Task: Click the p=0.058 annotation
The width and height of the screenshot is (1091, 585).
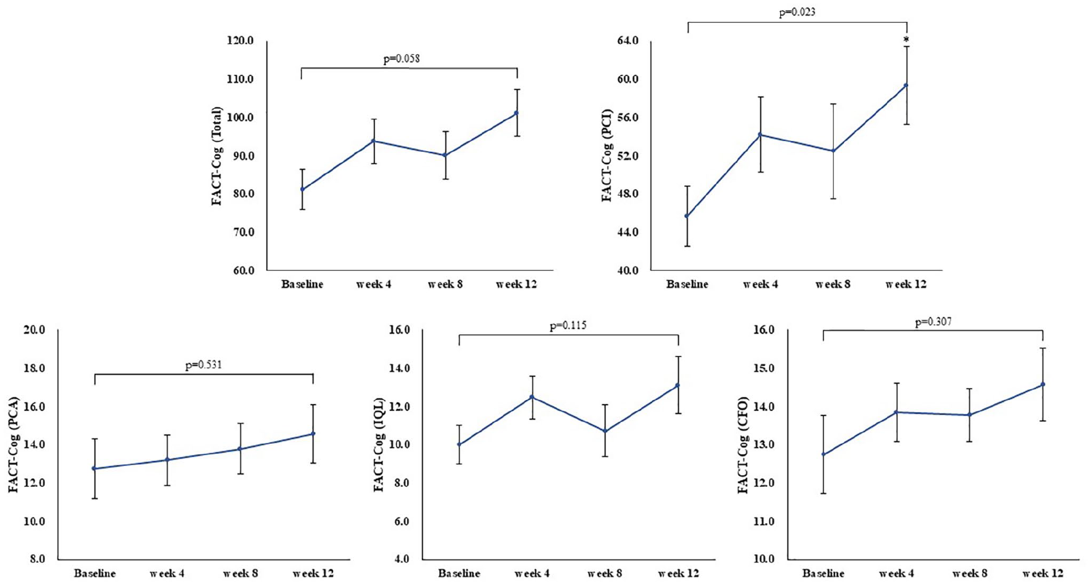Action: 401,59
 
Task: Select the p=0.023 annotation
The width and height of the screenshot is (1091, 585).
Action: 797,12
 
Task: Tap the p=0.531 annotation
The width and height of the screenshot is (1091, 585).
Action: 203,365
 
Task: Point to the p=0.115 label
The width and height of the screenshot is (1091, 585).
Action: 568,325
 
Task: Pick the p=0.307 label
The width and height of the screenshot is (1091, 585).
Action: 933,322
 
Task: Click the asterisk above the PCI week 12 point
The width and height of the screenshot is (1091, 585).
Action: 906,40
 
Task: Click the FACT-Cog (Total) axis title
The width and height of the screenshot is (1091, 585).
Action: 217,156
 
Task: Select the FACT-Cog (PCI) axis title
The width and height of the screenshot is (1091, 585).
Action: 607,155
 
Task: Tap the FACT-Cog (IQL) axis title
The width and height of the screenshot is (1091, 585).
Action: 379,444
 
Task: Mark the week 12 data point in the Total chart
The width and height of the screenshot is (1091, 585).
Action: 516,113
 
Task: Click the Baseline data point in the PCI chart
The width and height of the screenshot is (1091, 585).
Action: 687,216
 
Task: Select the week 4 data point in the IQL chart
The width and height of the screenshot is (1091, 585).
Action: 532,397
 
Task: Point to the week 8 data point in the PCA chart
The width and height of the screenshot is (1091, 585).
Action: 240,449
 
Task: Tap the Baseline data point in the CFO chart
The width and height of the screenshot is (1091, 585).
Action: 823,454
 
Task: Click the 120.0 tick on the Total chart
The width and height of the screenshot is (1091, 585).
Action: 241,41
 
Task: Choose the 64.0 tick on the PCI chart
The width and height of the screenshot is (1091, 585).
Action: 628,41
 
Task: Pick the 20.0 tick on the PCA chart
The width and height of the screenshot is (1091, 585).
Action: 34,330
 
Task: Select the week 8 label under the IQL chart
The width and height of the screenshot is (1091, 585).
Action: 605,573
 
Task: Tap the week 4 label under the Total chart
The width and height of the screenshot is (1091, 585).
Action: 373,284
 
